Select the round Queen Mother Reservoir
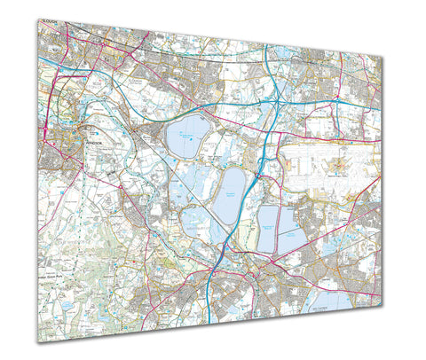[x=187, y=137]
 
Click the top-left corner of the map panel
[x=38, y=18]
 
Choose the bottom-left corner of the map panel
[x=38, y=343]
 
